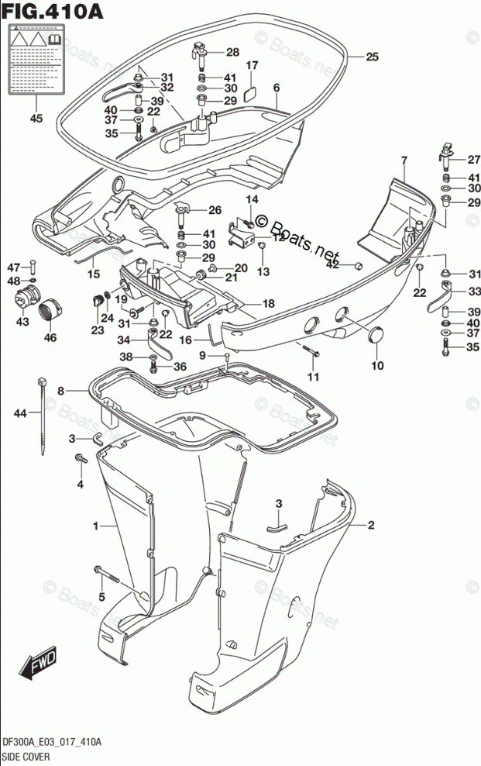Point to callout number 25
(372, 57)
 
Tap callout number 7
(403, 160)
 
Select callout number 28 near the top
(232, 52)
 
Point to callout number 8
(60, 392)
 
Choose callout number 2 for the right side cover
(371, 526)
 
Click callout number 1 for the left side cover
(95, 526)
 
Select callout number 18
(268, 303)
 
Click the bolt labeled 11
(311, 354)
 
